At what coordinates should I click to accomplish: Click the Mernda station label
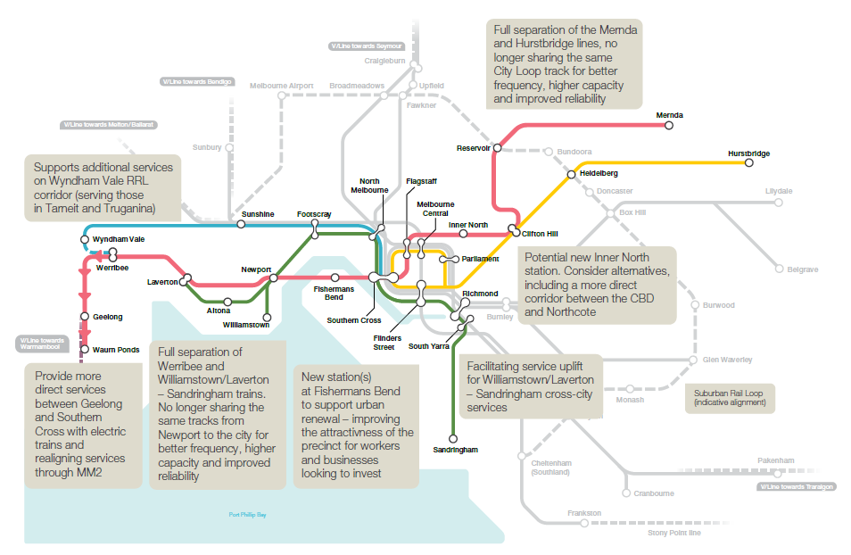pos(669,116)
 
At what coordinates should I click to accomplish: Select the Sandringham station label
pos(454,451)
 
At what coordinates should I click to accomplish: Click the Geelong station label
pos(107,317)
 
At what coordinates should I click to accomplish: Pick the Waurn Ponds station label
pos(116,350)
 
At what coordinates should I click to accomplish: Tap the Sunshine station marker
pos(241,224)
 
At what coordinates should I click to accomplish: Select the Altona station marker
pos(228,302)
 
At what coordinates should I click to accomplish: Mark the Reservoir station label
pos(473,148)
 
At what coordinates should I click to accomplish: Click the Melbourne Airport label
pos(281,86)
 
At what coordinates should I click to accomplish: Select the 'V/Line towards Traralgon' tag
pos(797,487)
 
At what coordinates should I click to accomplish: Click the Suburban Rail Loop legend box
pos(730,398)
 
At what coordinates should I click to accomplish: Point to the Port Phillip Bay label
pos(247,515)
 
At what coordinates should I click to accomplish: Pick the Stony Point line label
pos(674,533)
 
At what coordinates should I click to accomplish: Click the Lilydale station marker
pos(778,203)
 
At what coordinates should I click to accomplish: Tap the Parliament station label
pos(480,259)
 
